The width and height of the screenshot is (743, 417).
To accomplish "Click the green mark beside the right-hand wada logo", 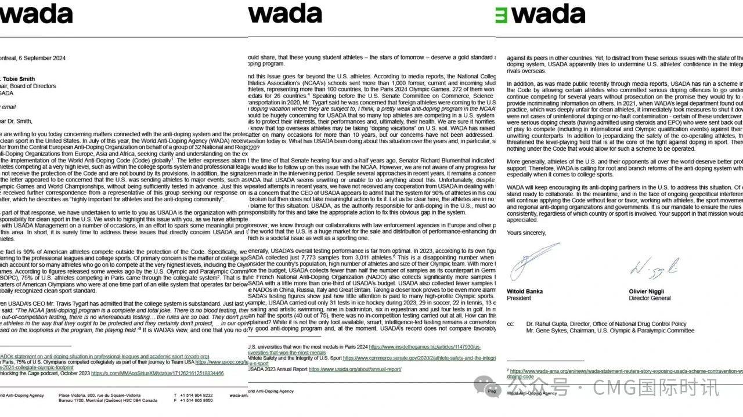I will click(500, 14).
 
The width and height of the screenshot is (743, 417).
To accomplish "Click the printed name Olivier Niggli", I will click(650, 291).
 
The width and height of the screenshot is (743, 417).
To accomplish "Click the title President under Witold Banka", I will click(519, 298).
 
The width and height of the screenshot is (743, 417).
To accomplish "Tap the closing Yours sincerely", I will click(526, 233).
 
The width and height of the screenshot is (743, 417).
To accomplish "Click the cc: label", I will click(510, 324).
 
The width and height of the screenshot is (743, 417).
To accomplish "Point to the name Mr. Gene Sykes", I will click(549, 331).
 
